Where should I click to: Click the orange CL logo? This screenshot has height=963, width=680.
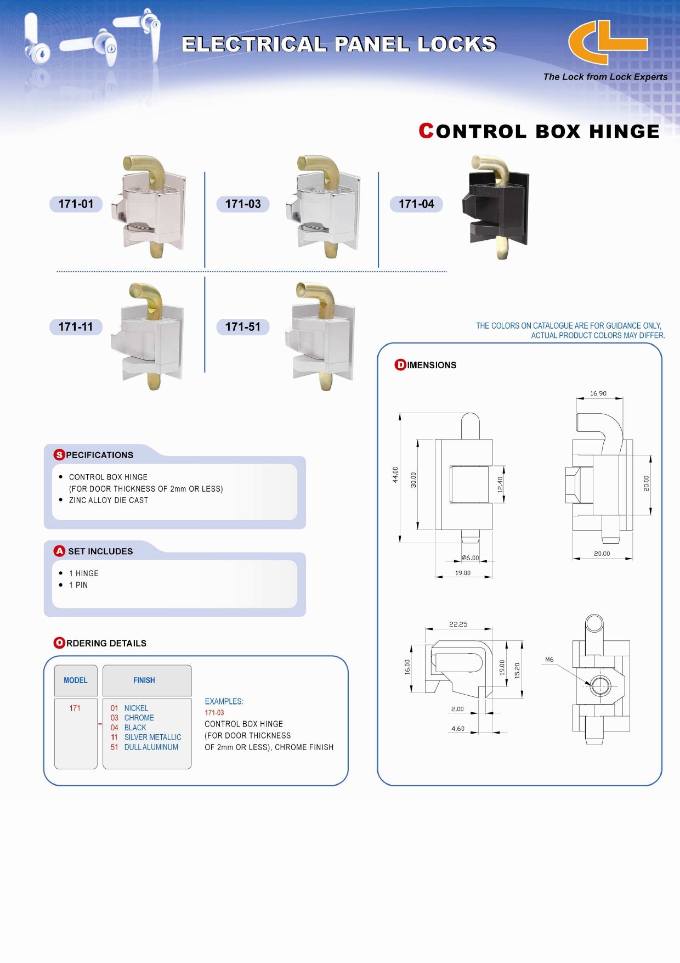click(x=607, y=43)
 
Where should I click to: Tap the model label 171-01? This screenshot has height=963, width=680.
click(x=76, y=204)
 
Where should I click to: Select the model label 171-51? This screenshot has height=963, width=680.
click(x=242, y=327)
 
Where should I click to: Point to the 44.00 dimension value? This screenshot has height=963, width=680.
click(x=395, y=475)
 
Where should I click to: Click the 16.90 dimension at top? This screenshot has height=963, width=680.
click(x=598, y=393)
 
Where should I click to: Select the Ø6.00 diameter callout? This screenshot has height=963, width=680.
click(x=470, y=557)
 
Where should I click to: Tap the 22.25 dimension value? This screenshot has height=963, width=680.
click(x=458, y=624)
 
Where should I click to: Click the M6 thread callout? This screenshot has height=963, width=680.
click(x=549, y=660)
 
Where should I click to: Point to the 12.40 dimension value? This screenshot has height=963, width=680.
click(x=500, y=484)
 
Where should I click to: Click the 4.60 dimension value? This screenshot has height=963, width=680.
click(x=458, y=729)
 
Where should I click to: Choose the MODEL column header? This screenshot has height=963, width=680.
click(x=76, y=680)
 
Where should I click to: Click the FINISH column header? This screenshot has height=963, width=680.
click(x=144, y=680)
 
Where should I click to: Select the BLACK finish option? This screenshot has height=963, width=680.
click(x=135, y=728)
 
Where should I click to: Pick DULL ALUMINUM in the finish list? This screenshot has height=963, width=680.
click(x=151, y=747)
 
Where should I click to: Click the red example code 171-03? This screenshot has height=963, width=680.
click(x=214, y=713)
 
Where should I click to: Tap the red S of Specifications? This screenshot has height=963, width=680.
click(x=59, y=455)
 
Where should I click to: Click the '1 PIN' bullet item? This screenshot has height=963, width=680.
click(x=78, y=585)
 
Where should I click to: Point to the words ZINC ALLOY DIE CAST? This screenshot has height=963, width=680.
click(x=109, y=500)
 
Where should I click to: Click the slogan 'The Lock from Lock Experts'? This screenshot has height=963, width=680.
click(x=605, y=77)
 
